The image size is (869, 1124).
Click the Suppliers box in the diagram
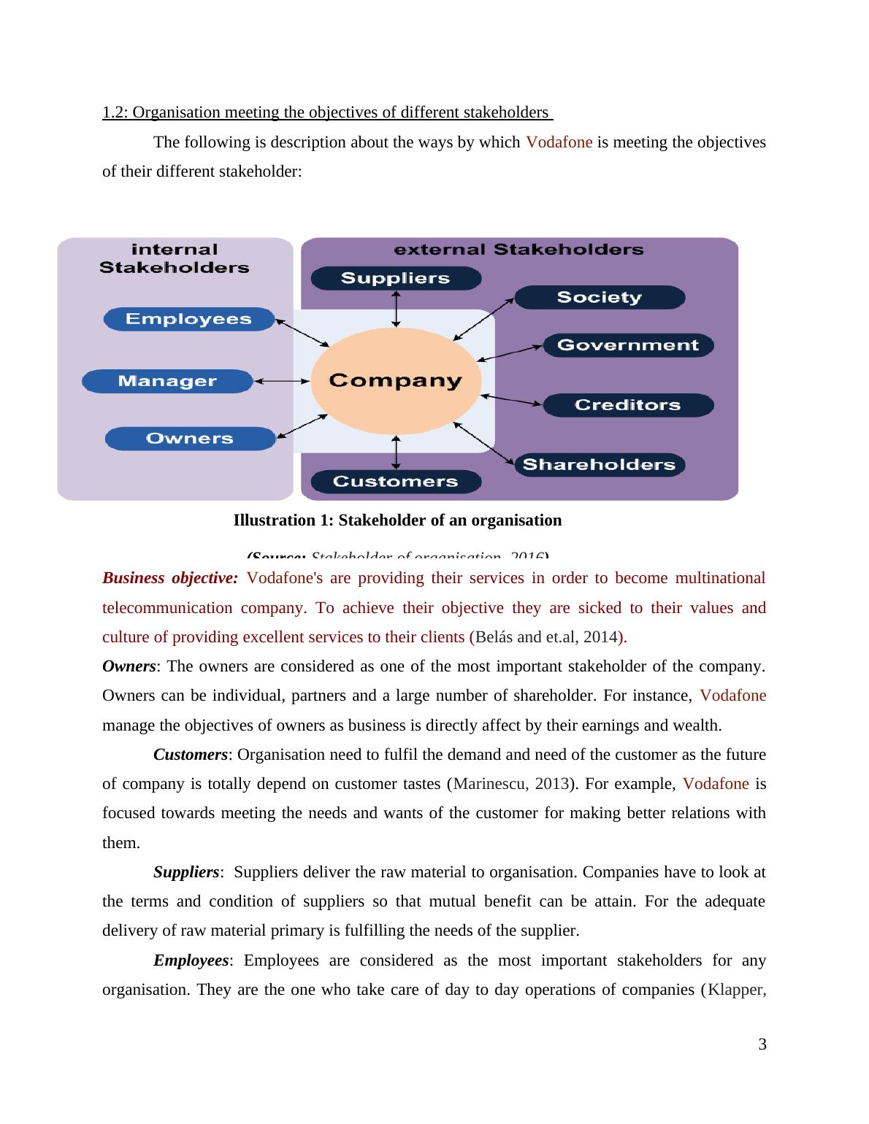click(x=396, y=278)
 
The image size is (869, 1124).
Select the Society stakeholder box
click(x=600, y=297)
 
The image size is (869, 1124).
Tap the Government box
click(x=628, y=345)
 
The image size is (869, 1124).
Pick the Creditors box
click(x=628, y=405)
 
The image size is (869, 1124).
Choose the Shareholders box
click(x=600, y=465)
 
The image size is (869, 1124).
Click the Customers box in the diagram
click(x=396, y=482)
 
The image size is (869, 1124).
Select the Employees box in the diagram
click(x=188, y=319)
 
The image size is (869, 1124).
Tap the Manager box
click(x=167, y=381)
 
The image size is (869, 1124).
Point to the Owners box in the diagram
click(x=190, y=439)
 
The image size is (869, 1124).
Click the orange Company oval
click(x=396, y=380)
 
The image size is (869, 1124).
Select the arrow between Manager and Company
click(x=283, y=381)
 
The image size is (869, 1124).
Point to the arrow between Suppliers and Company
click(x=396, y=308)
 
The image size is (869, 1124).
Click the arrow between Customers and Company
click(x=396, y=453)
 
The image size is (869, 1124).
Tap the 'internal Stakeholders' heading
click(x=175, y=258)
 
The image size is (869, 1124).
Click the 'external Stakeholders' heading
click(x=518, y=250)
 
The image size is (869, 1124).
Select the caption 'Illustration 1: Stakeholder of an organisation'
click(x=397, y=520)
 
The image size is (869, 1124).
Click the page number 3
click(x=762, y=1044)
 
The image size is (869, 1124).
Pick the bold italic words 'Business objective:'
click(x=170, y=578)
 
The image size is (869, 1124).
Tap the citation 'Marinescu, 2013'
click(x=510, y=784)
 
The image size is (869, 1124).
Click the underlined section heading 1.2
click(x=327, y=112)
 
